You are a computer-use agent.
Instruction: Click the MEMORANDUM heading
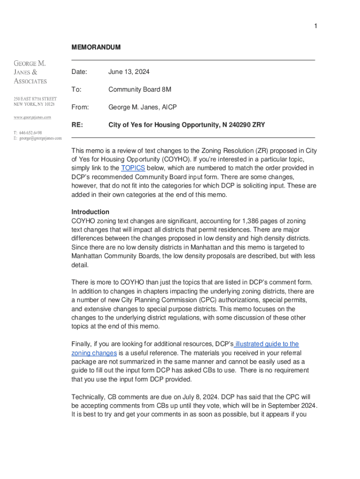click(96, 47)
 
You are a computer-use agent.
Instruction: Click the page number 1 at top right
click(316, 26)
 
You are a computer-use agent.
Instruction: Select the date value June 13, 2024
click(129, 72)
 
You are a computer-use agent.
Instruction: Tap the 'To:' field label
click(76, 89)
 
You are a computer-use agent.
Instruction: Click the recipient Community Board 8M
click(140, 89)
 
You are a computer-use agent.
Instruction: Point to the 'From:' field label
click(80, 107)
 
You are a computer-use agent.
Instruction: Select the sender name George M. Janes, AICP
click(143, 107)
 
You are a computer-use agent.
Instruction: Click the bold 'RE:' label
click(77, 125)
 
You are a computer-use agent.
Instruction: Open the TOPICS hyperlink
click(133, 168)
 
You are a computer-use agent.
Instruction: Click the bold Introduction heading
click(90, 212)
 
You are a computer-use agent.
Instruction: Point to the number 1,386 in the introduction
click(253, 221)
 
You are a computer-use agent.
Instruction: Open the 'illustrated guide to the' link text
click(267, 344)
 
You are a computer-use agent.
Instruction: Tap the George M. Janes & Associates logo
click(30, 72)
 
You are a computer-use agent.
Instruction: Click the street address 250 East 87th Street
click(35, 99)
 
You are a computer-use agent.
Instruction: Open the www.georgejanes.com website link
click(32, 117)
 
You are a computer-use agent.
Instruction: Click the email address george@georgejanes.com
click(40, 138)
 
